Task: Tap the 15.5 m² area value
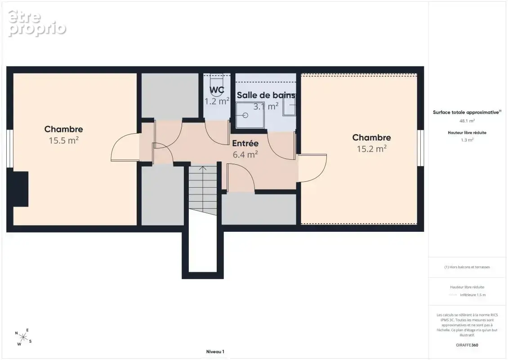pos(64,140)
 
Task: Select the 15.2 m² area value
pos(372,149)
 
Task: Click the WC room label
pos(217,90)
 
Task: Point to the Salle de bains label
pos(266,95)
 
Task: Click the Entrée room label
pos(245,144)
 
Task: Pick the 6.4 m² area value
pos(245,154)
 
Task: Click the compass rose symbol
pos(23,337)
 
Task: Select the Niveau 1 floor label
pos(215,351)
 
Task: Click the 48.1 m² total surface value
pos(467,121)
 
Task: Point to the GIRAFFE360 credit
pos(467,345)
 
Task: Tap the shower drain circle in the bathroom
pos(245,115)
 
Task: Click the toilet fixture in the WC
pos(217,83)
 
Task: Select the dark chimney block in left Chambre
pos(21,189)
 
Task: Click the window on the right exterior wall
pos(420,148)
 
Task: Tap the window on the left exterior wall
pos(10,148)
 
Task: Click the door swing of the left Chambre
pos(125,147)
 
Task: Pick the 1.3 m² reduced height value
pos(467,140)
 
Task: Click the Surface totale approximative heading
pos(467,112)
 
